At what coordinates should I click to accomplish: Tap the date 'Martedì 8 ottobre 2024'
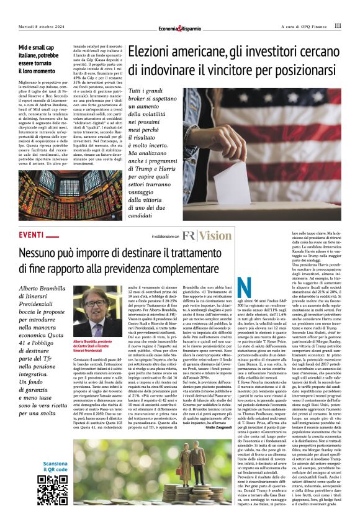pyautogui.click(x=43, y=26)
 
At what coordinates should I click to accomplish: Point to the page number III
pyautogui.click(x=338, y=26)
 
